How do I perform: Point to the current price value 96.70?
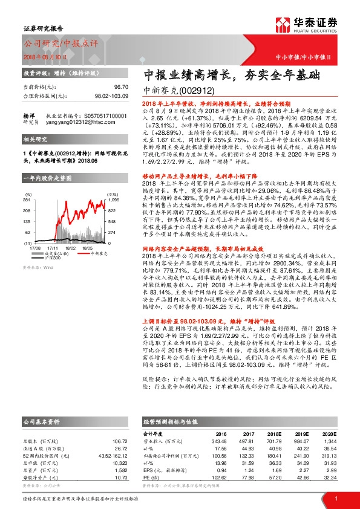point(122,88)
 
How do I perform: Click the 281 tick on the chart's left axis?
point(27,216)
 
